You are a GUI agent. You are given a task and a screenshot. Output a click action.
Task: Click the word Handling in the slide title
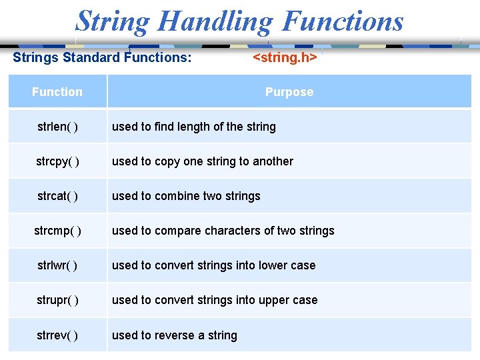(x=215, y=21)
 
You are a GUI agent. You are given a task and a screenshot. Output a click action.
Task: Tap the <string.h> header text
(x=285, y=57)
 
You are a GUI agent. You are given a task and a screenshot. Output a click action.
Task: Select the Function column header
(x=57, y=92)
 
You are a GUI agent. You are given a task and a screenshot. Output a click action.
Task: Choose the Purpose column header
(x=289, y=92)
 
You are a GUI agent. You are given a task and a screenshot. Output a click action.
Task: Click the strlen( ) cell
(x=57, y=127)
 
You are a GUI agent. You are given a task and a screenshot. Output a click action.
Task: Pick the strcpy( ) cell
(x=57, y=161)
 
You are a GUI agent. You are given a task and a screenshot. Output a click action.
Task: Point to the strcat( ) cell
(x=57, y=196)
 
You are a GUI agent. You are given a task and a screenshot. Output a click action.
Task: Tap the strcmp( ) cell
(x=57, y=231)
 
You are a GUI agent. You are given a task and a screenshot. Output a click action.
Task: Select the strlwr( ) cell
(x=57, y=265)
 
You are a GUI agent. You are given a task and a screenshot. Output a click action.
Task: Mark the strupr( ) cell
(x=57, y=300)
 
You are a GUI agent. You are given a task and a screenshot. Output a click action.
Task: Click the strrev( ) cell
(x=57, y=335)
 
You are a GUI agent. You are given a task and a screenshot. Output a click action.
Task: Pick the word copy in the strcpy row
(x=167, y=161)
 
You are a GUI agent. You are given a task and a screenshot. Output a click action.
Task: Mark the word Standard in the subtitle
(x=91, y=57)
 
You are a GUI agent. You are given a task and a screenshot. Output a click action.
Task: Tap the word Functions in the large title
(x=343, y=21)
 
